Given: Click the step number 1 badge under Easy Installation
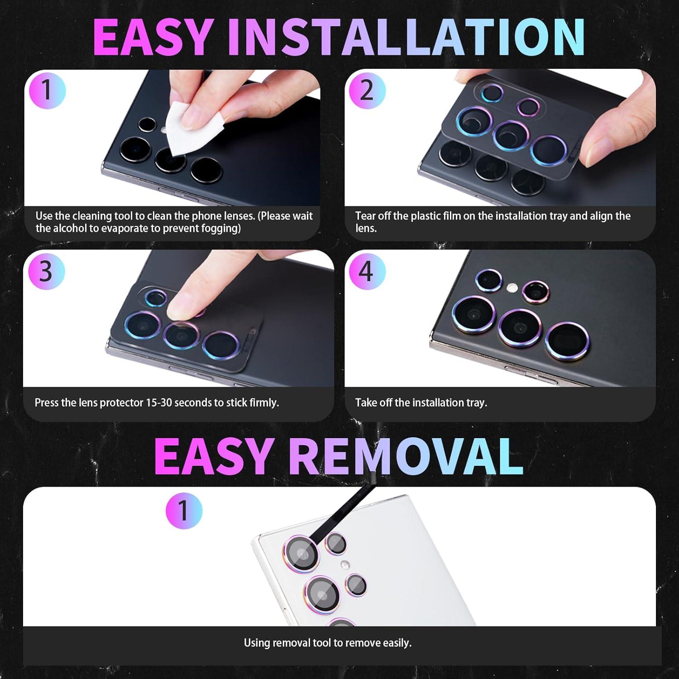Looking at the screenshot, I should tap(47, 91).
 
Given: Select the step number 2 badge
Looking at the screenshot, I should tap(367, 91).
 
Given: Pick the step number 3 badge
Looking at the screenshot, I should tap(46, 272).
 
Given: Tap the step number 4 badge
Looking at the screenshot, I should tap(367, 272).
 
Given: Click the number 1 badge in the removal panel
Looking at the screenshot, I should tap(183, 511).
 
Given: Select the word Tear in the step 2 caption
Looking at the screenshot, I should tap(365, 216).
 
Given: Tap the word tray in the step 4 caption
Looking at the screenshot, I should tap(474, 402).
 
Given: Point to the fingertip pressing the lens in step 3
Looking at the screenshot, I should tap(181, 308).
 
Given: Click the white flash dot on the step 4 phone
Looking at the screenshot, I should tap(512, 287).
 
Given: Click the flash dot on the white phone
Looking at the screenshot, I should tap(345, 564).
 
